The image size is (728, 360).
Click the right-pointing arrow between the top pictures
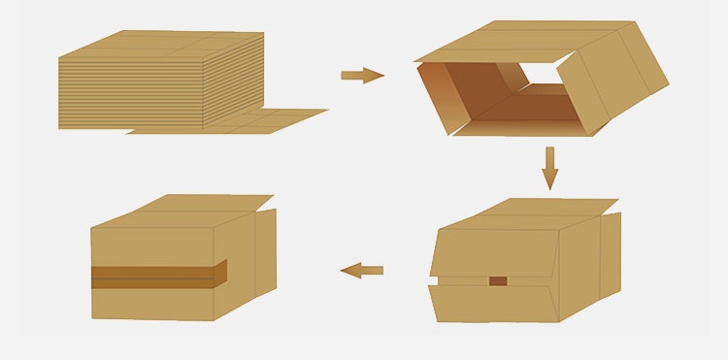(362, 75)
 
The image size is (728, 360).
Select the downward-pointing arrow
(550, 167)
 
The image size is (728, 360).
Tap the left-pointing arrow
(362, 270)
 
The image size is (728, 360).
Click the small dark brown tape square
(498, 281)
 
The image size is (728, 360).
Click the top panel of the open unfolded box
(505, 41)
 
